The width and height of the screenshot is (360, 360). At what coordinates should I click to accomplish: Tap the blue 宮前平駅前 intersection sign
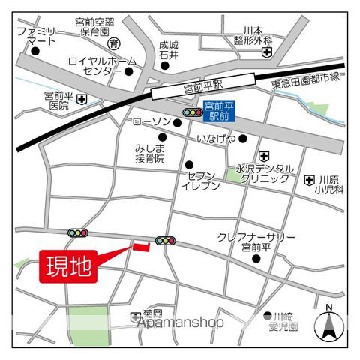pyautogui.click(x=218, y=112)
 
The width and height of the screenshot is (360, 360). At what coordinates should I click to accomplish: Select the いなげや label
pyautogui.click(x=217, y=138)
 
